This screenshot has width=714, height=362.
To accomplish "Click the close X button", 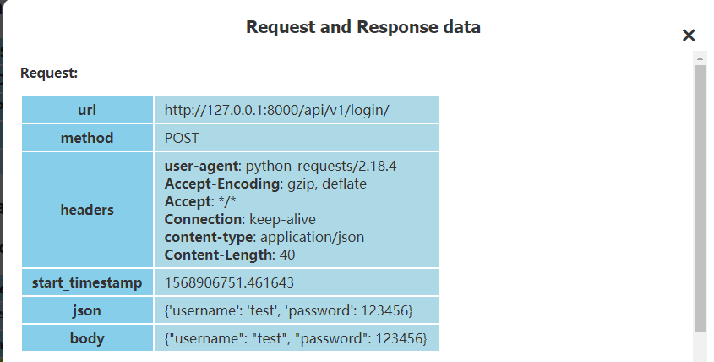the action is pos(689,36).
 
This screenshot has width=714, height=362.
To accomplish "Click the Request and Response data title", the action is pos(363,27).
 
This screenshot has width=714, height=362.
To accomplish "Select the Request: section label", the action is pos(49,74).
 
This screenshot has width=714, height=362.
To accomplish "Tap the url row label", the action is pos(87,110).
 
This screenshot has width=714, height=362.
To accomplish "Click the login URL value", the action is pos(276,110).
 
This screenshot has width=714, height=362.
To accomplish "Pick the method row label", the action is pos(87,138).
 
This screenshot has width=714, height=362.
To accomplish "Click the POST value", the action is pos(182,138).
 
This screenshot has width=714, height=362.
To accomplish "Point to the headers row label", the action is pos(87,209).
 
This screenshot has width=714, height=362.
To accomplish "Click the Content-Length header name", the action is pos(218,255).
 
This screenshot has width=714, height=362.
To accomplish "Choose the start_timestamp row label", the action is pos(87,282).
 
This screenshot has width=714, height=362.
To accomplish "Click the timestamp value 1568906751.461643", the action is pos(229,282).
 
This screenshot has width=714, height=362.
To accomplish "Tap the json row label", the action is pos(87,310).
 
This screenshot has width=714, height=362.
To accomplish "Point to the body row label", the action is pos(87,338).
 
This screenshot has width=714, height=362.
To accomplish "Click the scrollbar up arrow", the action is pos(700,58).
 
